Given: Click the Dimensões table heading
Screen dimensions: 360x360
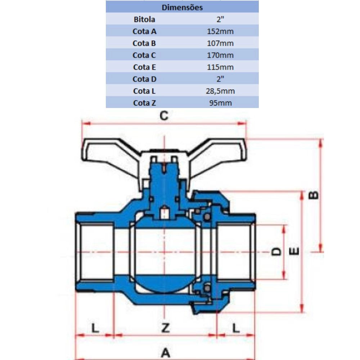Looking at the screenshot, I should click(x=182, y=7).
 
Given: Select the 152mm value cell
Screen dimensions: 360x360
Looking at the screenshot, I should click(x=220, y=31).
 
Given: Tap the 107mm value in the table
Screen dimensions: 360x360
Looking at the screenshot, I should click(x=220, y=43).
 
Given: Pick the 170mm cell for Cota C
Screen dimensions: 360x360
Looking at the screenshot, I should click(x=220, y=55).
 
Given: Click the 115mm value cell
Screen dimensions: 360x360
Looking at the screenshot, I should click(x=220, y=67).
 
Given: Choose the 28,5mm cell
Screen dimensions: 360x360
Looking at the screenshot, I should click(x=220, y=91).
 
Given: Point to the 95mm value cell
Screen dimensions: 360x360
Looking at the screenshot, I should click(x=220, y=103).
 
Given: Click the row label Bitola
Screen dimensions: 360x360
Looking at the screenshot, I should click(x=144, y=19).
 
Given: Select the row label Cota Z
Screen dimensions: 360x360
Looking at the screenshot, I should click(x=144, y=103).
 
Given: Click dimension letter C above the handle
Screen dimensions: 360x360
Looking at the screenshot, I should click(x=164, y=116).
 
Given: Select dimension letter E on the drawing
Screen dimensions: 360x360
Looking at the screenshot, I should click(x=294, y=251).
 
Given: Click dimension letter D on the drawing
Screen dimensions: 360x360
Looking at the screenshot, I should click(x=276, y=251).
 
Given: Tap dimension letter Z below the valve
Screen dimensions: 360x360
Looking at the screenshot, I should click(x=165, y=328).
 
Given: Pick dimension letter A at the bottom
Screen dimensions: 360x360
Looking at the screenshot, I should click(x=165, y=352).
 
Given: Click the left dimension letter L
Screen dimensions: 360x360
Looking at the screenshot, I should click(x=94, y=328).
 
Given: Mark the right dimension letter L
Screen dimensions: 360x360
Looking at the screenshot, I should click(x=236, y=328).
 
